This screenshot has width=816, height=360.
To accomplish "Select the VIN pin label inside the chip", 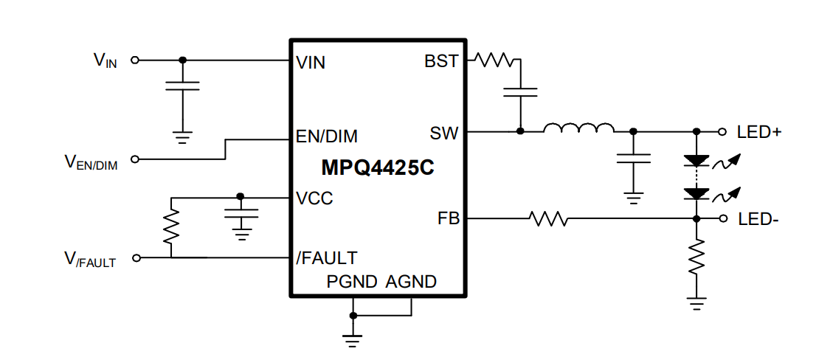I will coord(311,63).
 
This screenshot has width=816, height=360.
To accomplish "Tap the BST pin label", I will coord(441,62).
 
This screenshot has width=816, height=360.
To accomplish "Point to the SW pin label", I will coord(443,134).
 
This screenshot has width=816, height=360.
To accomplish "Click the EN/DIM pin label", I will coord(326,136).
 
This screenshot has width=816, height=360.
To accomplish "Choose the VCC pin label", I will coord(314,198).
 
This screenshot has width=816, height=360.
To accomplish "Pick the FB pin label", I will coord(448,219).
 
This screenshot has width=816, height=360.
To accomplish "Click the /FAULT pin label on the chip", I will coord(326,258).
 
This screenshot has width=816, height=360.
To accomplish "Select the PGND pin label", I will coord(352,281).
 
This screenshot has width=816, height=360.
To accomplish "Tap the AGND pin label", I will coord(411,281).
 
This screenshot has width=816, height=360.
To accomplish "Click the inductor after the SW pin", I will coord(578,129).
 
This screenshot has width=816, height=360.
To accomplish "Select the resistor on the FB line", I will coord(547,218).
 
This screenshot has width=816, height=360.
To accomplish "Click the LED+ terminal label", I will coord(759,132).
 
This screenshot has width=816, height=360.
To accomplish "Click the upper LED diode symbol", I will coord(696,159).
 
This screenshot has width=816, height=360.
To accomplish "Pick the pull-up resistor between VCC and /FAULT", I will coord(171,226).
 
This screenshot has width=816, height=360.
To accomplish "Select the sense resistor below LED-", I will coord(696,258).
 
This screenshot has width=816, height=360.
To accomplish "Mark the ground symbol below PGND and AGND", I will coord(353,339).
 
